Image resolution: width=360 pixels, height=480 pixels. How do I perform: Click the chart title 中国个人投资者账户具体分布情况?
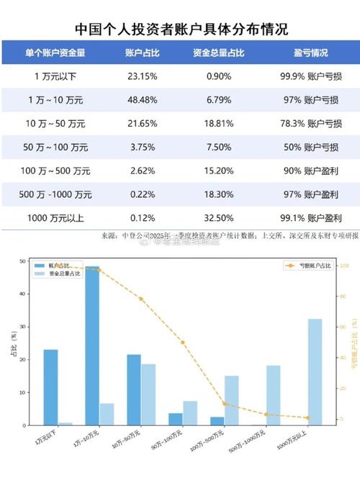181,29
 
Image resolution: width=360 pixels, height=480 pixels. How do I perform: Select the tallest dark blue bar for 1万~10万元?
92,345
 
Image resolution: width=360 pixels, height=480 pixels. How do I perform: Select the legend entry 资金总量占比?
60,274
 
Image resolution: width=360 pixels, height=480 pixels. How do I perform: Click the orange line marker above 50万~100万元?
182,343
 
